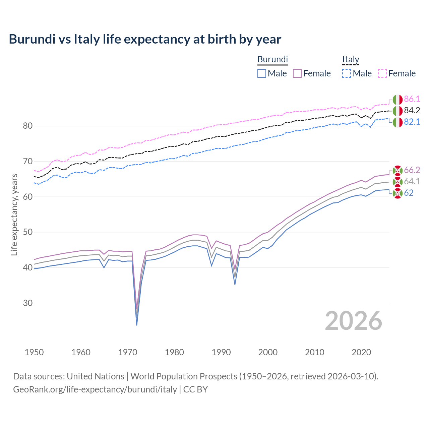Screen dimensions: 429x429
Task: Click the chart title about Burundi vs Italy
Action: tap(145, 39)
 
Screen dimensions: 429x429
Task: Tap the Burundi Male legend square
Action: tap(262, 73)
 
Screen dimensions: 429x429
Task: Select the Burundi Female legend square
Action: tap(297, 73)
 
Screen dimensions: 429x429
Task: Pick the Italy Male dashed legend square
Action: tap(347, 73)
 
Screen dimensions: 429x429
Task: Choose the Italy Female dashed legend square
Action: tap(382, 73)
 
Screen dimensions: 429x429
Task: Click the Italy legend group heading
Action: tap(351, 60)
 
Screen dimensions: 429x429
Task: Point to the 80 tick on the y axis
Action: tap(28, 126)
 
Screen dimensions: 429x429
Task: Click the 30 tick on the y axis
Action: tap(28, 303)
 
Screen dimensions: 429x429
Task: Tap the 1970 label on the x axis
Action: tap(128, 352)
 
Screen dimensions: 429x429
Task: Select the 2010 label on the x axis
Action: tap(314, 352)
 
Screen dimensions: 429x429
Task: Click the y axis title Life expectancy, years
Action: tap(14, 214)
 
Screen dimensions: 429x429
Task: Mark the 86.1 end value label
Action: tap(412, 99)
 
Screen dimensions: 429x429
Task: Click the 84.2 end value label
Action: tap(412, 110)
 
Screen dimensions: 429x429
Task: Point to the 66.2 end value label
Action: tap(412, 170)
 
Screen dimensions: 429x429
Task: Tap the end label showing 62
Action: tap(409, 193)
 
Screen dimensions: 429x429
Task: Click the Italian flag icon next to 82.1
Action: tap(397, 122)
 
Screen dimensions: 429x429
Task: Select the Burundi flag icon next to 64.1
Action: tap(397, 182)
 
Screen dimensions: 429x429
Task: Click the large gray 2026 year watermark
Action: tap(353, 321)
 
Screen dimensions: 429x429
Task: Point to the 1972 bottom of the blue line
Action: tap(137, 325)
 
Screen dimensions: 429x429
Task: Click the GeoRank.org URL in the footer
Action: tap(95, 389)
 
